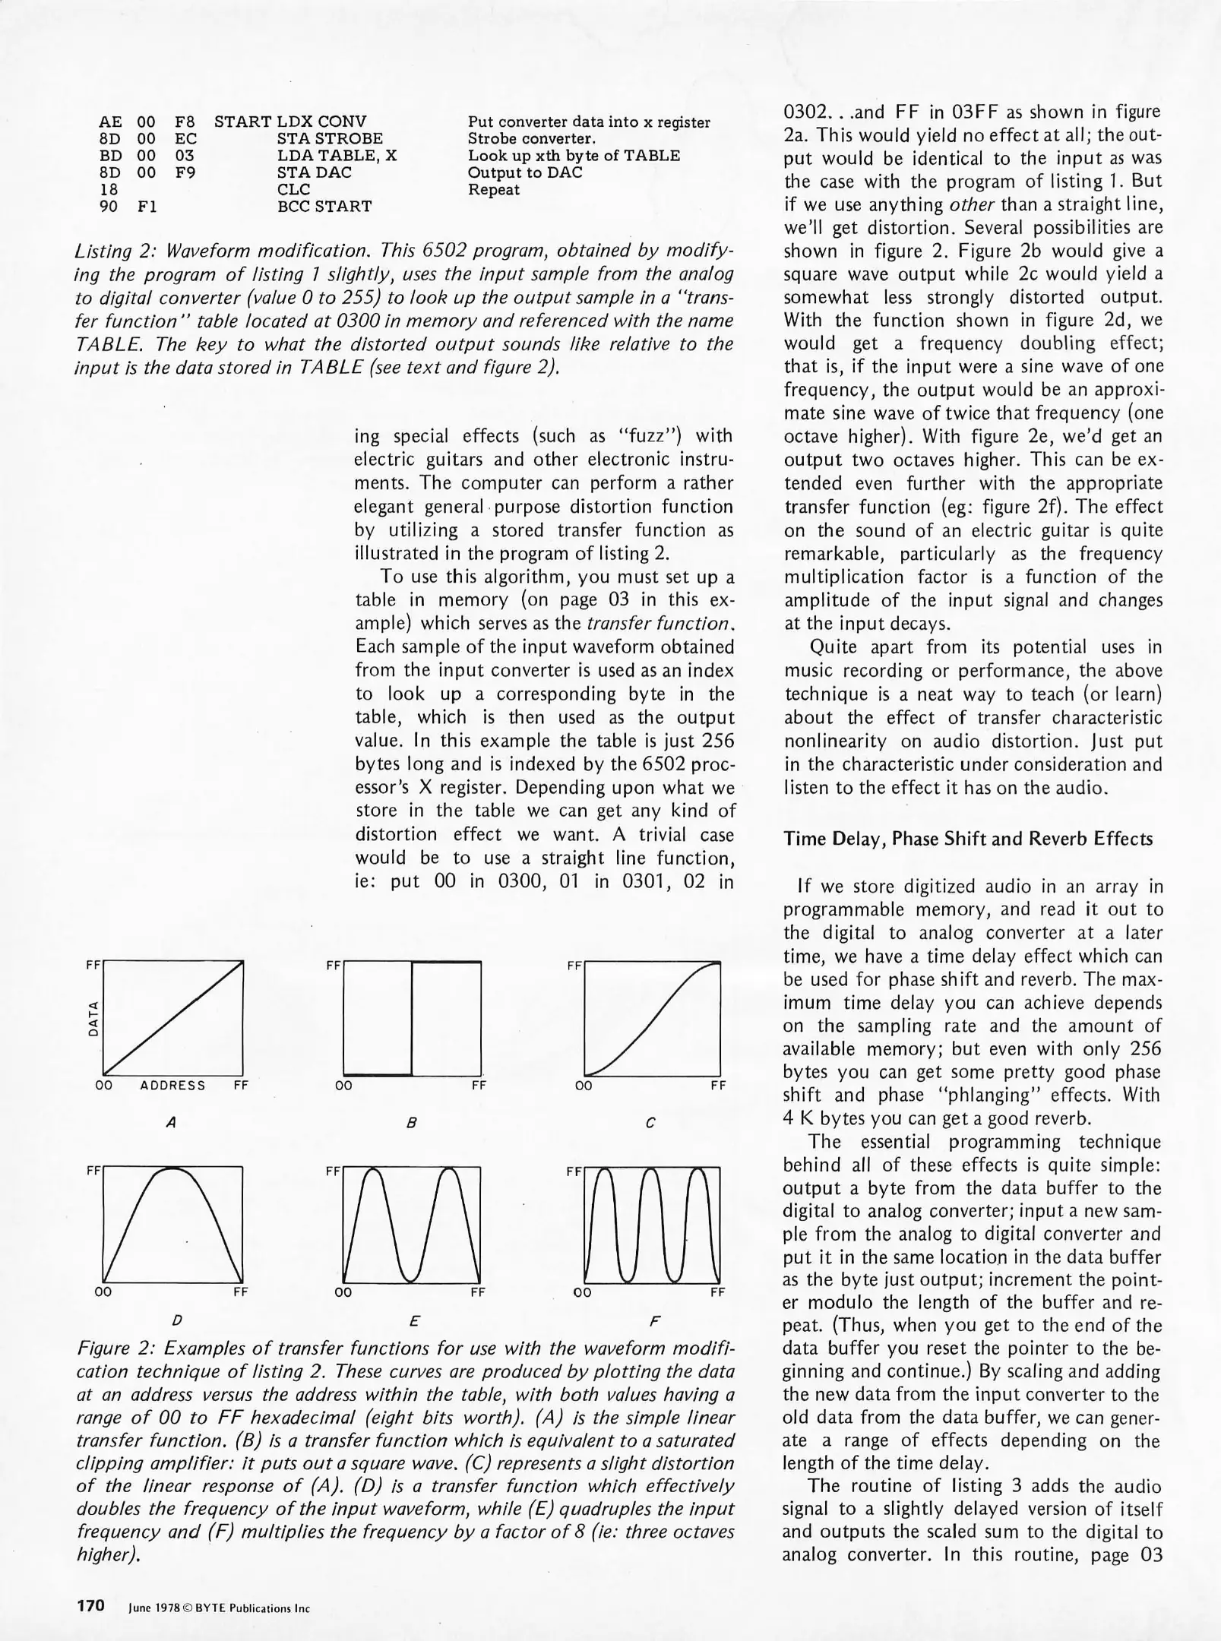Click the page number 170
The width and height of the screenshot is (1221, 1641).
point(90,1606)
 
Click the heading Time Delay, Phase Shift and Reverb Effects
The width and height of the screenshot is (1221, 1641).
point(968,839)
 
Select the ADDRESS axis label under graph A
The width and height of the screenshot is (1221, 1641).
point(172,1086)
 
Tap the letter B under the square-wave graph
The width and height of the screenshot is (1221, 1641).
point(411,1122)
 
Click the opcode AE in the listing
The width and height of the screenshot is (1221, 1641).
point(110,122)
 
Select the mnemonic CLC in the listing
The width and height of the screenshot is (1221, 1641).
point(293,189)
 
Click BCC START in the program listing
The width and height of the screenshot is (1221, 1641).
point(324,206)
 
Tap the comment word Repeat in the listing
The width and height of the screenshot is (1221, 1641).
point(494,189)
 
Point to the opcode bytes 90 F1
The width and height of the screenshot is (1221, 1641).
point(128,206)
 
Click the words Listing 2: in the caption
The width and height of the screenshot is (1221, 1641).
point(115,251)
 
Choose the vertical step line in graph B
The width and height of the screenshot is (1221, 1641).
point(413,1018)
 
